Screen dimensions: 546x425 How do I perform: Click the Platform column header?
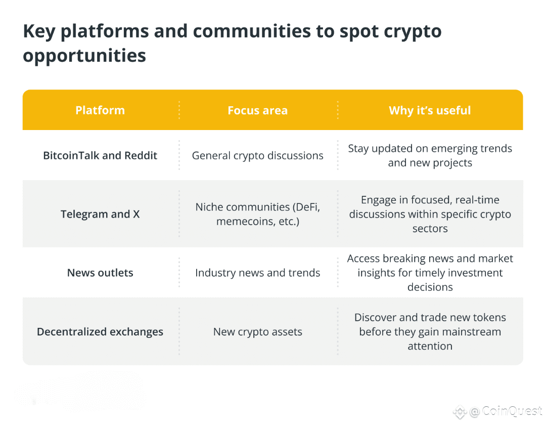coord(100,110)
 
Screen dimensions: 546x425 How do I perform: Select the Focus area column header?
coord(258,110)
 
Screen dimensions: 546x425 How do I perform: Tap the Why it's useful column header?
coord(430,110)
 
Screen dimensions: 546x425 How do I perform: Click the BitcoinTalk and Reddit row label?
coord(100,155)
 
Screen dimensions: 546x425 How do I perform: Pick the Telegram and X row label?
coord(100,214)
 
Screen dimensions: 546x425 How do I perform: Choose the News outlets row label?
coord(100,272)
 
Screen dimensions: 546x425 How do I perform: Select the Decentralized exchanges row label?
coord(100,331)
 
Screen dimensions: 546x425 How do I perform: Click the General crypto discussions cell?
coord(258,156)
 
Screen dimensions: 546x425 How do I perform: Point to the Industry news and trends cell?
coord(258,272)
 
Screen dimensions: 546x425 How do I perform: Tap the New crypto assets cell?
coord(258,332)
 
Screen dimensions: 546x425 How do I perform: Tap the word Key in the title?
coord(39,32)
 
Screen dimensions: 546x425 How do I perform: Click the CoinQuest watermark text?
coord(512,411)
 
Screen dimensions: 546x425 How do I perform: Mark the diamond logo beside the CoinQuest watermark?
coord(460,412)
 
